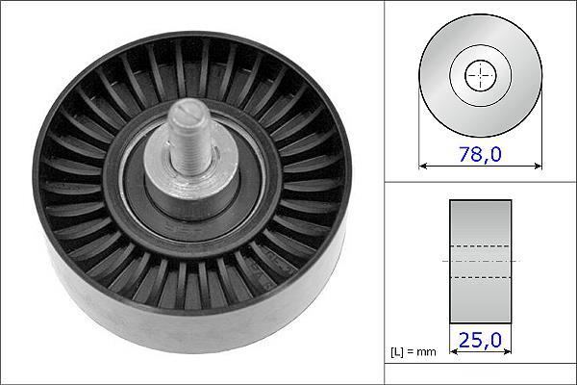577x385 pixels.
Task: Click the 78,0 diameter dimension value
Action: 480,154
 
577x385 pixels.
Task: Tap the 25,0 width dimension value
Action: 480,340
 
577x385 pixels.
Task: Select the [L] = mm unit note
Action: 414,352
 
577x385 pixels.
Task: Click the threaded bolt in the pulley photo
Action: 189,137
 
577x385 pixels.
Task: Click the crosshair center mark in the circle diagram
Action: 480,75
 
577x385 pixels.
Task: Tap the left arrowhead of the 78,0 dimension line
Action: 423,167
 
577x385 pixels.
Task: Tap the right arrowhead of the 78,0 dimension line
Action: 538,167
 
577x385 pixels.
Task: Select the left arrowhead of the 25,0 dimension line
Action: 454,351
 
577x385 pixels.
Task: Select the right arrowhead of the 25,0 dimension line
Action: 507,351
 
